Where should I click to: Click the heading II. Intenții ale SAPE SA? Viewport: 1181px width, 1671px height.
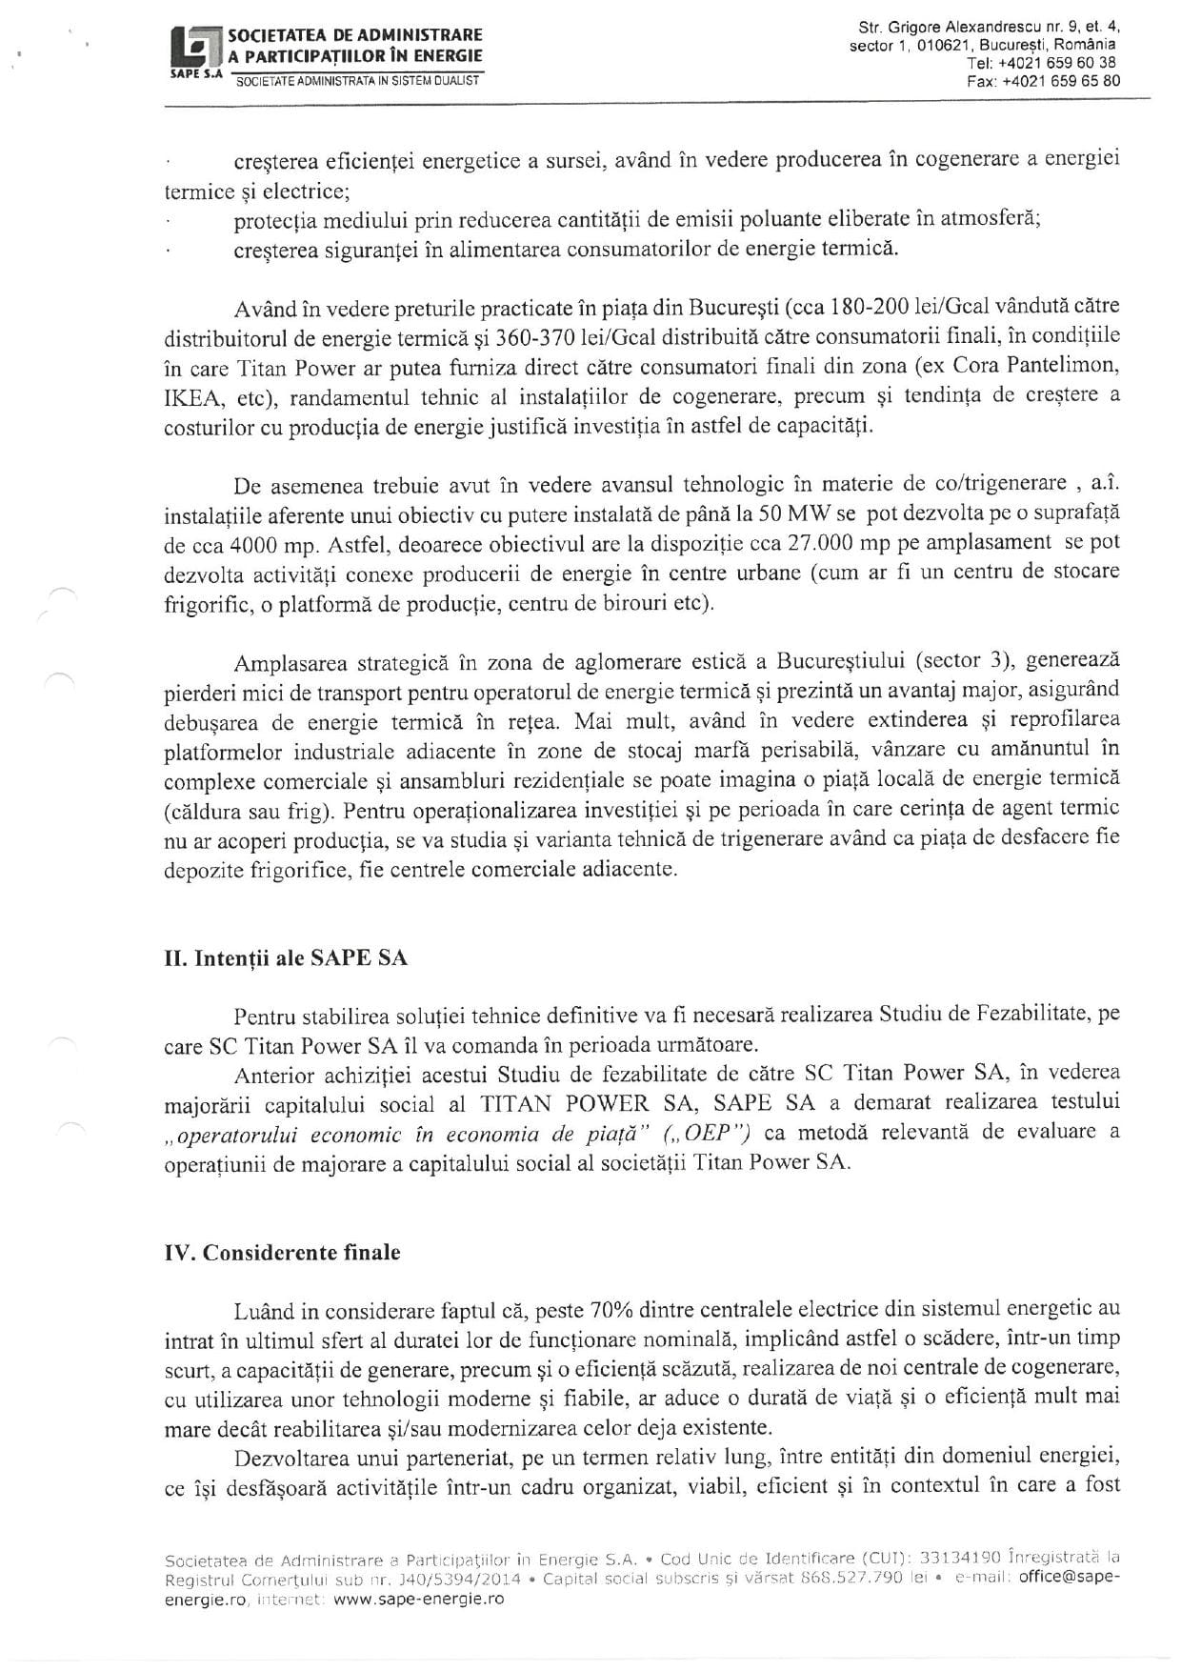pyautogui.click(x=286, y=957)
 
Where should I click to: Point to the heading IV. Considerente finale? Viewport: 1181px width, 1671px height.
pyautogui.click(x=282, y=1252)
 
